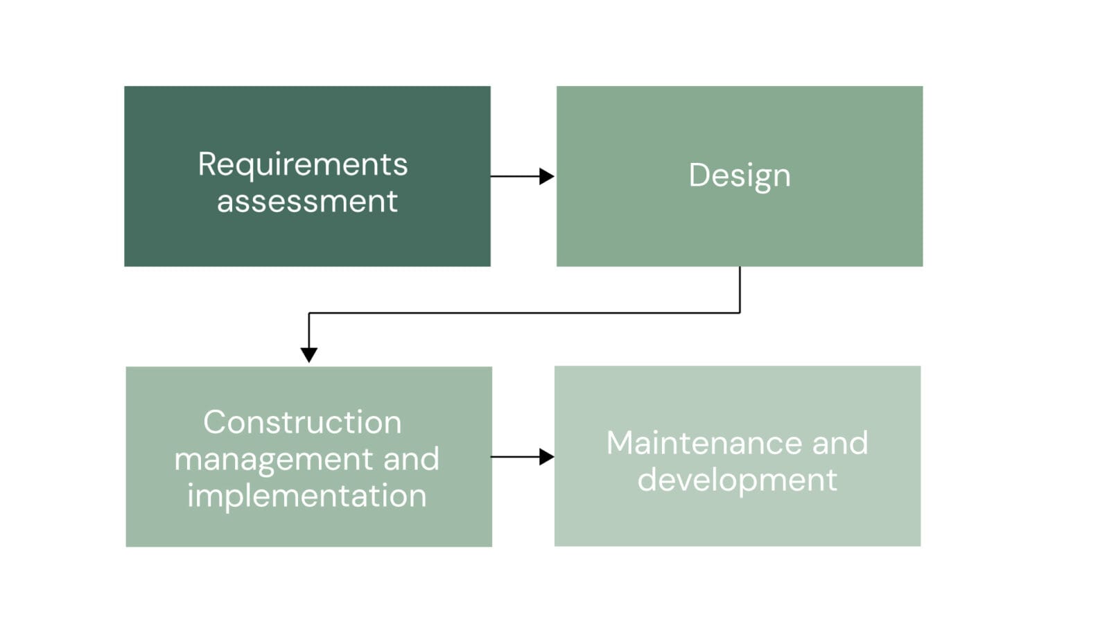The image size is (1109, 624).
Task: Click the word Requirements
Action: point(302,166)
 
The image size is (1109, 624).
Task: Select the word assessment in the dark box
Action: point(308,202)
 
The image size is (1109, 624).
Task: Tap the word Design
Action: point(740,177)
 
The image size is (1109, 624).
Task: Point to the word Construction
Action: point(302,422)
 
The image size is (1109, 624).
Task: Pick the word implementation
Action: point(307,496)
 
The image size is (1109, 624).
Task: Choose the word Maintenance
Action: point(701,443)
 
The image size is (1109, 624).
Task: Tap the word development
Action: point(737,480)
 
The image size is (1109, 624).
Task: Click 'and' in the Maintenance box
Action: point(840,443)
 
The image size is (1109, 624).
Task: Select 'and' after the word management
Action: point(412,458)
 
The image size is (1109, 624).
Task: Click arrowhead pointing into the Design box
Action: point(547,176)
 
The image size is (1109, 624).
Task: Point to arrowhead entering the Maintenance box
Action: point(547,457)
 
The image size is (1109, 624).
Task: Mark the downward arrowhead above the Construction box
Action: point(309,355)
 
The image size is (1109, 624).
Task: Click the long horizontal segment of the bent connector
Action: point(524,313)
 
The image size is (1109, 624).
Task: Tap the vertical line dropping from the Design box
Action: point(740,290)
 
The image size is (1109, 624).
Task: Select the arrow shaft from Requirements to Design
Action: point(515,176)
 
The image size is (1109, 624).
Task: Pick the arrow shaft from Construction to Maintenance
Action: point(515,457)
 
